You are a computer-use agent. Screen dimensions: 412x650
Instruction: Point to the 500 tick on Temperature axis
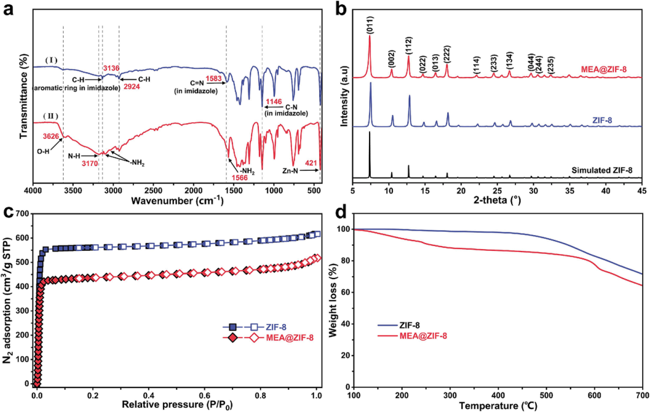pyautogui.click(x=546, y=396)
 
